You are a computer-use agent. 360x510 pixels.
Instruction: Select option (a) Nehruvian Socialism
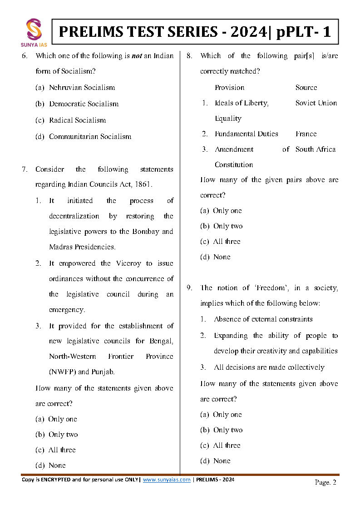(x=75, y=88)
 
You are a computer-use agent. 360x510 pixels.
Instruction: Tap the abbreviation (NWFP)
(x=62, y=372)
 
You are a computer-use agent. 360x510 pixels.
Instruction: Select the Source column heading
(x=306, y=88)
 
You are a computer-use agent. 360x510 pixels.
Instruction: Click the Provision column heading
(x=229, y=88)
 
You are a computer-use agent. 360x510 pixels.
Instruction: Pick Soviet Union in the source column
(x=316, y=103)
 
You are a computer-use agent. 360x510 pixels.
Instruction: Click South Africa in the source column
(x=316, y=149)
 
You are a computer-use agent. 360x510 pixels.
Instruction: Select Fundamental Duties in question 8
(x=246, y=134)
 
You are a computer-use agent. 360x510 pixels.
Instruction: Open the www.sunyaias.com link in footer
(x=167, y=480)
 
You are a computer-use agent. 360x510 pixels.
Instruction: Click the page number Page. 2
(x=325, y=482)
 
